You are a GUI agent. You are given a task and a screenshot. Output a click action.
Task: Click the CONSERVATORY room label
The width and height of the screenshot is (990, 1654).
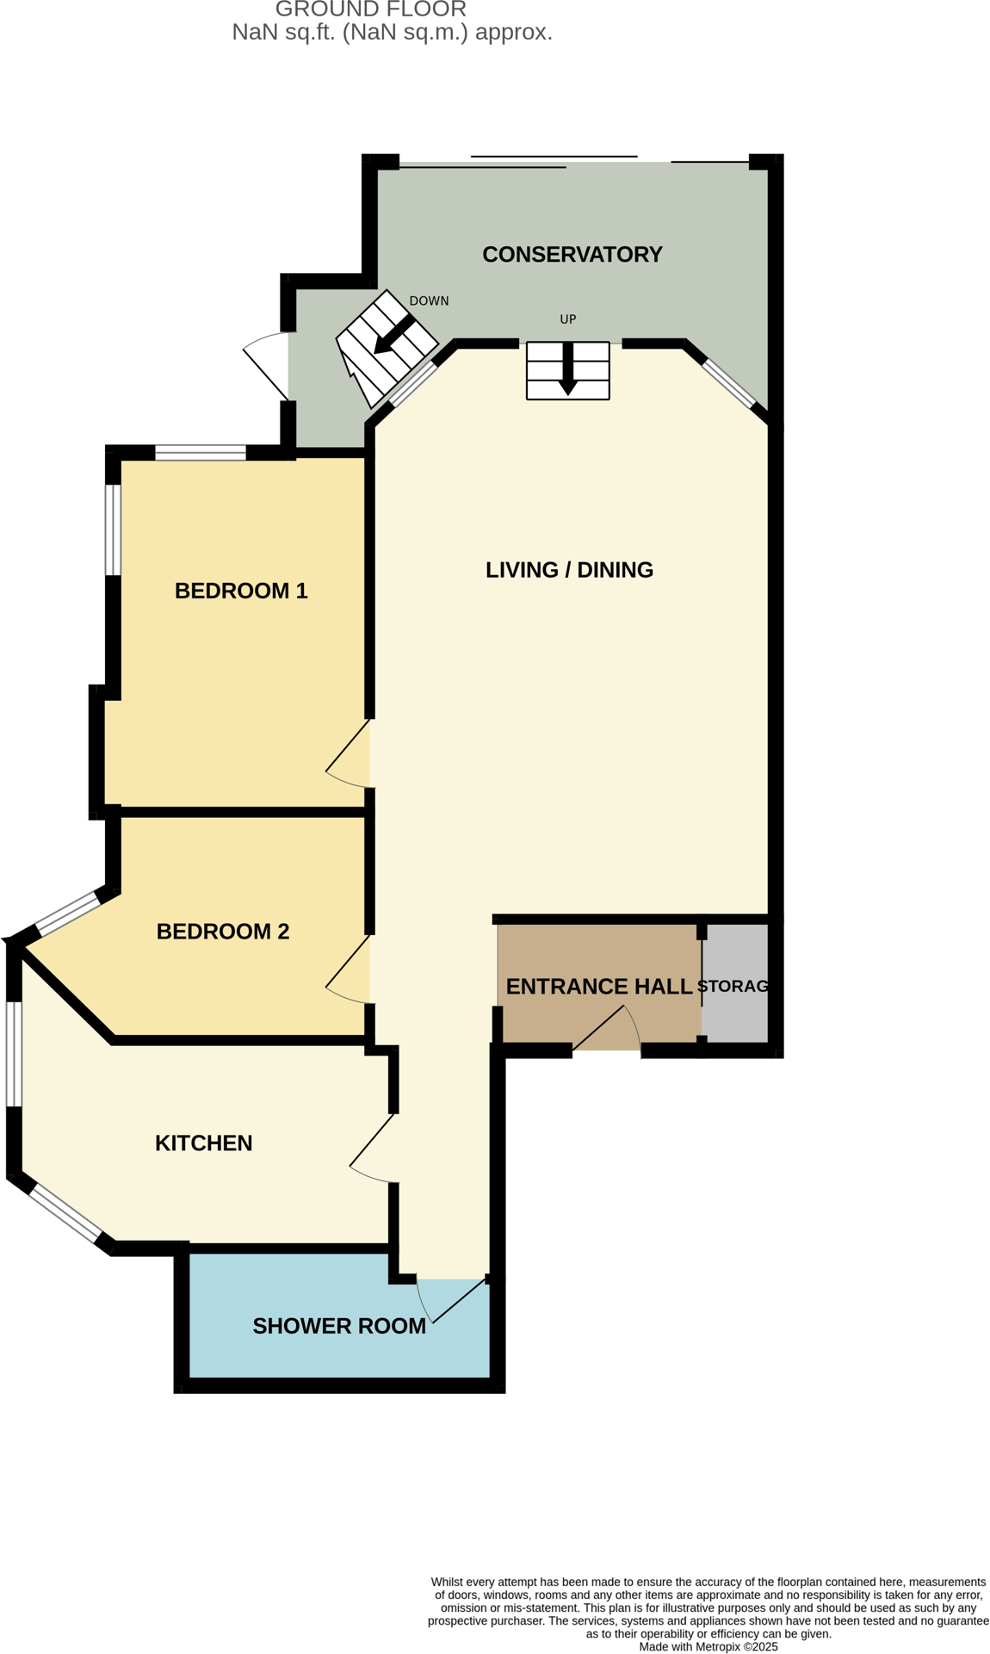572,255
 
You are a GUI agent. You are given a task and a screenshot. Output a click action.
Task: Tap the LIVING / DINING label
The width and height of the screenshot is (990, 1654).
569,570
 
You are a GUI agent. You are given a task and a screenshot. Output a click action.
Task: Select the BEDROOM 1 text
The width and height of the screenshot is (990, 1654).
241,591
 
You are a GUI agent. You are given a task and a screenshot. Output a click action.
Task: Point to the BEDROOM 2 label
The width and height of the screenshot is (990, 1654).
223,932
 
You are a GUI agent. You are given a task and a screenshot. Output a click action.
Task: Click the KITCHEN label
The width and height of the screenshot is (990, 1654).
203,1143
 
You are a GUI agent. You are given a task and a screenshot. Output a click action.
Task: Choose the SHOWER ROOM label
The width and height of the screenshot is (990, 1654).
339,1327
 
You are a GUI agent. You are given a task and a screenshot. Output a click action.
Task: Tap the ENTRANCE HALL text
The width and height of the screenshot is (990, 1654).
599,987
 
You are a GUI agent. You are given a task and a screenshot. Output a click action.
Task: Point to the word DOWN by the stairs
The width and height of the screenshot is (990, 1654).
429,301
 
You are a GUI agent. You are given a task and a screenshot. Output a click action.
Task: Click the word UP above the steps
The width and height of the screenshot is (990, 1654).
568,319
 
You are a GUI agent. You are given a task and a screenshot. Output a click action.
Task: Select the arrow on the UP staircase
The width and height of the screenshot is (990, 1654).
568,370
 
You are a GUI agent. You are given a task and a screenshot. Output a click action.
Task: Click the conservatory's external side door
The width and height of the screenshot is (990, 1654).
267,365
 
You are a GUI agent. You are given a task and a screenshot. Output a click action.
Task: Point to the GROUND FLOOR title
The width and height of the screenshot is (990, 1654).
371,9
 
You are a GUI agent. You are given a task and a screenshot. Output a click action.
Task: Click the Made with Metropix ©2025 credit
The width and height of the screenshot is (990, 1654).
708,1646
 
